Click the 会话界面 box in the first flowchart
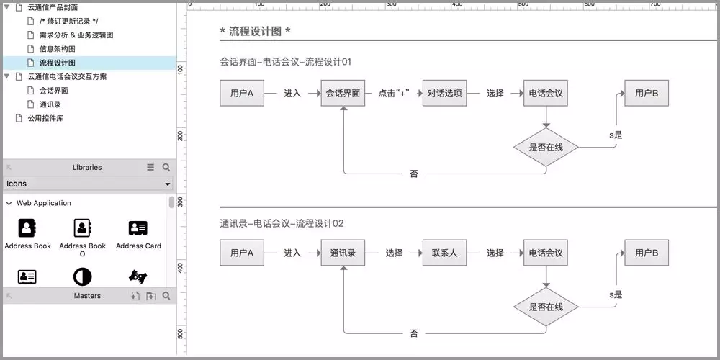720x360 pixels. pyautogui.click(x=343, y=94)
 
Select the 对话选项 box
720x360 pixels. pyautogui.click(x=445, y=94)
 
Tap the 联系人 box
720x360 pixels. pyautogui.click(x=445, y=253)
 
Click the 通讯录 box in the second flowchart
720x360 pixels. pyautogui.click(x=343, y=253)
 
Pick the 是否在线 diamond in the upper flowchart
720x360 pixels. pyautogui.click(x=546, y=148)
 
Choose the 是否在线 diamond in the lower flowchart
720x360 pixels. pyautogui.click(x=546, y=307)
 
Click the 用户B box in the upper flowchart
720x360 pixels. pyautogui.click(x=647, y=94)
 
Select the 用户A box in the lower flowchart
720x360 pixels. pyautogui.click(x=242, y=253)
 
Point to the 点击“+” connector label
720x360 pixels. pyautogui.click(x=394, y=94)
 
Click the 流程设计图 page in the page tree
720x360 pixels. pyautogui.click(x=58, y=63)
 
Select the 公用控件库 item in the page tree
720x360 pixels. pyautogui.click(x=45, y=118)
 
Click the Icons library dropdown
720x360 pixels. pyautogui.click(x=89, y=184)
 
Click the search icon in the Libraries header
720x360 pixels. pyautogui.click(x=166, y=167)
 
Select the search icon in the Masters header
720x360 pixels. pyautogui.click(x=166, y=296)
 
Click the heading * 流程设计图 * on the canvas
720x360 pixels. pyautogui.click(x=255, y=32)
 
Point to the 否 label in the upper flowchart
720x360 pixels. pyautogui.click(x=414, y=174)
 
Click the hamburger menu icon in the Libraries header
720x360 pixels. pyautogui.click(x=150, y=167)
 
